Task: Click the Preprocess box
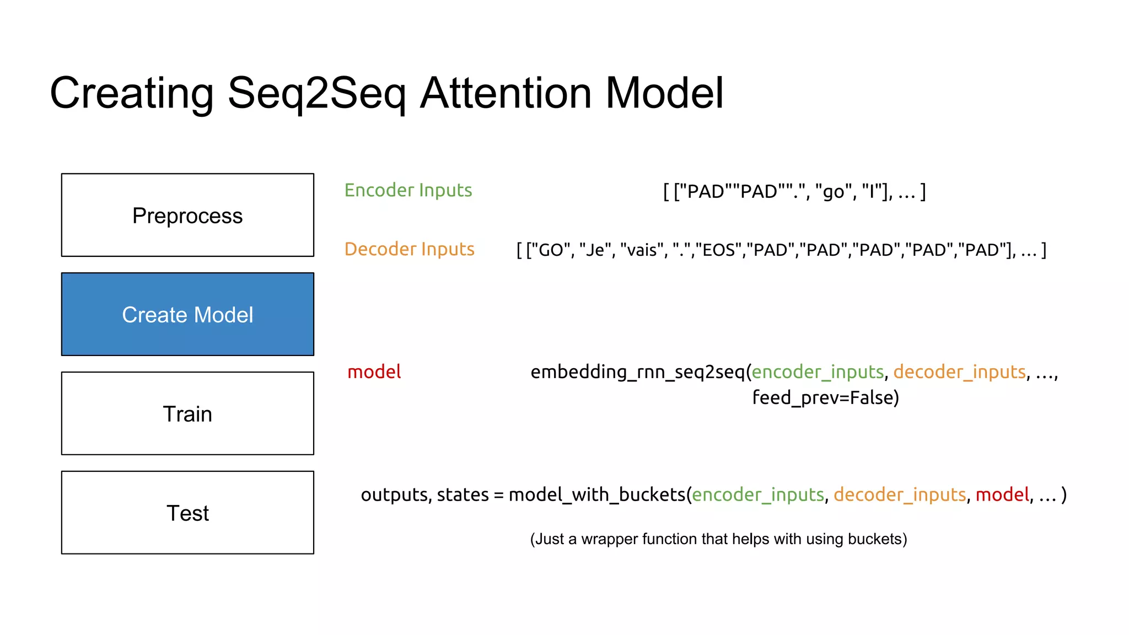[187, 215]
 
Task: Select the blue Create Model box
[187, 314]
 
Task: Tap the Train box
[187, 413]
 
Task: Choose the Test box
[187, 513]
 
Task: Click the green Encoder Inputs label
[408, 190]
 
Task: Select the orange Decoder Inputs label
[409, 249]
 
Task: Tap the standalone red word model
[374, 372]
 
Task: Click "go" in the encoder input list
[833, 192]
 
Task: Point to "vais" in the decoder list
[642, 250]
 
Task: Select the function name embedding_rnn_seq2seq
[637, 372]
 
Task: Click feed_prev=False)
[825, 397]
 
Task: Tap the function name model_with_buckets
[596, 495]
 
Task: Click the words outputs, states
[424, 495]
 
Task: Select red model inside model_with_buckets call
[1002, 495]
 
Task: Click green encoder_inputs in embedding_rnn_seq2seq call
[818, 372]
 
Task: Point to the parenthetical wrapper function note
[718, 539]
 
